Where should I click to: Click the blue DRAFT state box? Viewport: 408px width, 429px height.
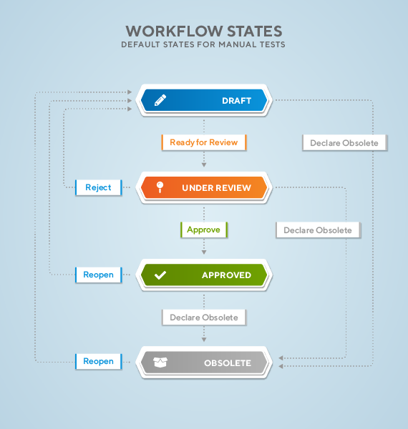tap(204, 100)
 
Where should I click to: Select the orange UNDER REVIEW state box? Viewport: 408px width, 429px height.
tap(204, 187)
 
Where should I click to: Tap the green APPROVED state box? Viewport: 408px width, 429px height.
tap(204, 275)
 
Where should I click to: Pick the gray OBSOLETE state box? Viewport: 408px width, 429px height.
tap(204, 363)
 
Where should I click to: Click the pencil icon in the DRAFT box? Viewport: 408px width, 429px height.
tap(160, 100)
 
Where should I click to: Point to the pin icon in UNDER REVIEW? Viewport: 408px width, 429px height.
tap(160, 187)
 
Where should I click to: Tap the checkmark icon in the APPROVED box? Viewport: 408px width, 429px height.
tap(160, 275)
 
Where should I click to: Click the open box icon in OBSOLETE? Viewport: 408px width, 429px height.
tap(160, 363)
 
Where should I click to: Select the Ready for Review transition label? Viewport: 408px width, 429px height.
tap(204, 142)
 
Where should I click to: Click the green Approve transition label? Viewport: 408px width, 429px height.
tap(204, 230)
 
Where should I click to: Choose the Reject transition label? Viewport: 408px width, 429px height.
tap(99, 187)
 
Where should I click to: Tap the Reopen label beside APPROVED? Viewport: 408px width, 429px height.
tap(99, 275)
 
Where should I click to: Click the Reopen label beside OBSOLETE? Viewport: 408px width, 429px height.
tap(99, 361)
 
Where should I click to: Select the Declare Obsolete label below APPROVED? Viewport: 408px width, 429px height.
tap(204, 317)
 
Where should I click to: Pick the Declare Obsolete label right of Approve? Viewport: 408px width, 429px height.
tap(319, 230)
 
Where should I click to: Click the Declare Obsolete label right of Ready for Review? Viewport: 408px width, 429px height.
tap(345, 143)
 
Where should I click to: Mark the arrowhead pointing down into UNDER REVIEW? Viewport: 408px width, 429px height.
tap(204, 164)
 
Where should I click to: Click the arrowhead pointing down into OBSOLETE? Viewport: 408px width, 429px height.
tap(204, 340)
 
